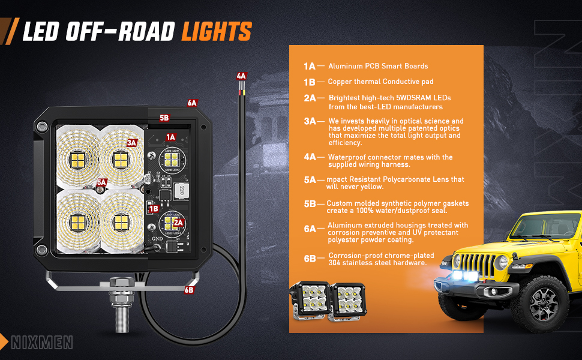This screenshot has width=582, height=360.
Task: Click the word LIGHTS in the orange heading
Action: click(x=217, y=31)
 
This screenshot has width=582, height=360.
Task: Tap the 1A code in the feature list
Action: click(x=310, y=66)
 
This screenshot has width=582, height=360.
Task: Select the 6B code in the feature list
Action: click(x=310, y=259)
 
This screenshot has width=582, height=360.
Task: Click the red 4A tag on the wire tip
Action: click(x=241, y=76)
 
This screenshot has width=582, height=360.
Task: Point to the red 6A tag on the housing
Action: click(x=192, y=103)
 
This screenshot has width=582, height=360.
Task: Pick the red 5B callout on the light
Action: click(x=164, y=118)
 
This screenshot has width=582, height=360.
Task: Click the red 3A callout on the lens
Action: click(x=132, y=142)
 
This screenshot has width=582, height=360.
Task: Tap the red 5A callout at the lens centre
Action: click(x=101, y=182)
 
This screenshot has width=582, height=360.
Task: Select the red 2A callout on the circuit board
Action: click(x=178, y=223)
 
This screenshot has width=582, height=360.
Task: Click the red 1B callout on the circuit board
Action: click(x=154, y=209)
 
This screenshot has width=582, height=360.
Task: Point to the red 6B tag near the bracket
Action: click(x=189, y=290)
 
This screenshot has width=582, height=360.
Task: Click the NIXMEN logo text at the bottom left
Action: click(x=42, y=343)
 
